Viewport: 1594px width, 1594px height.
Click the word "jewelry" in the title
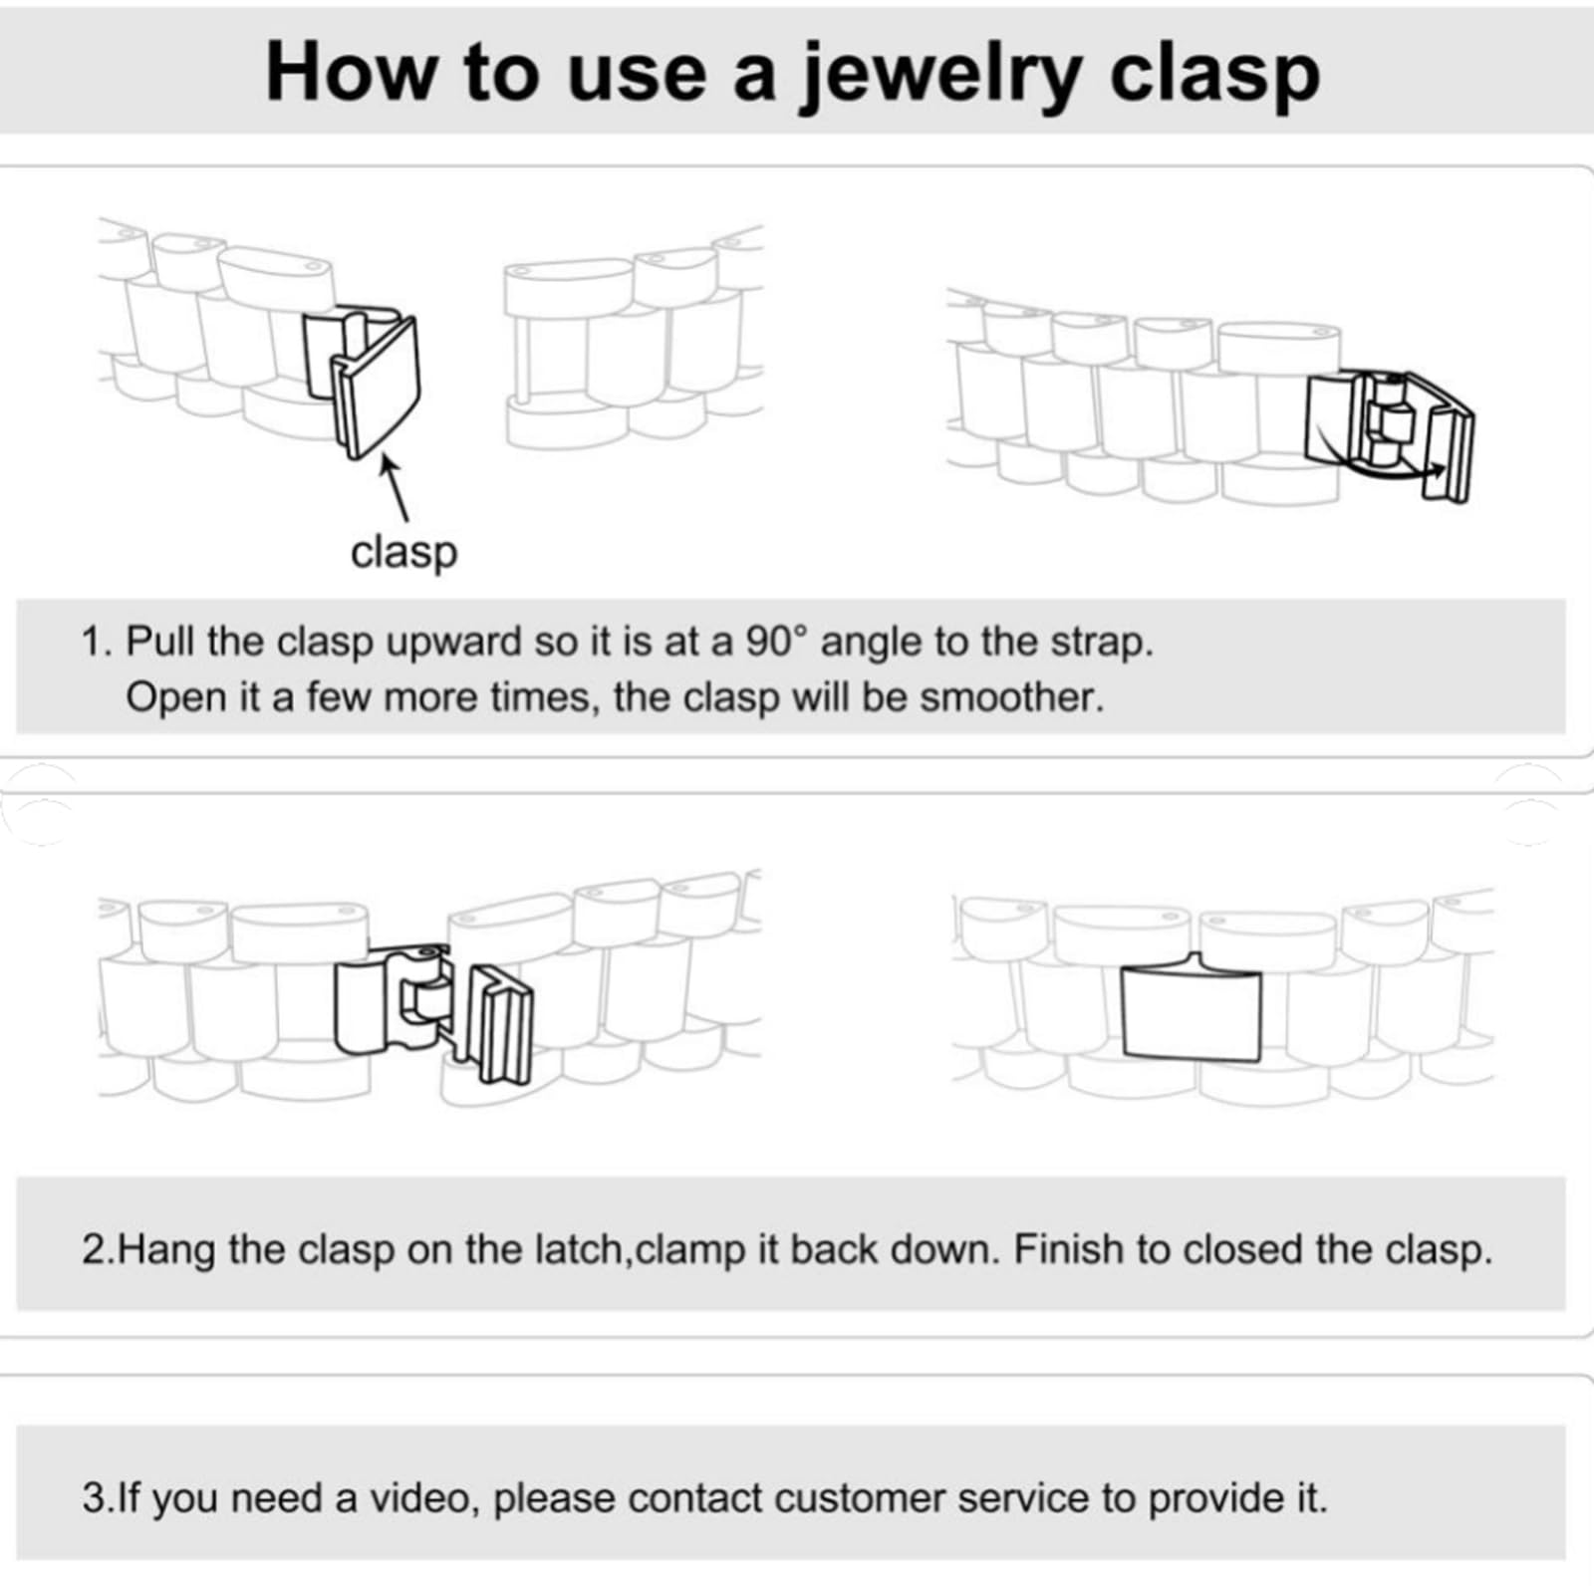(x=941, y=75)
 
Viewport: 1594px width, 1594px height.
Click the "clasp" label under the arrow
(x=403, y=552)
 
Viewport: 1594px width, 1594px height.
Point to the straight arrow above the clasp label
(x=395, y=488)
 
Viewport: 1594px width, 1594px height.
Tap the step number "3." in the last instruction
(x=98, y=1498)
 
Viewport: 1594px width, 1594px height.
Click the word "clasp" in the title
(x=1215, y=75)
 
